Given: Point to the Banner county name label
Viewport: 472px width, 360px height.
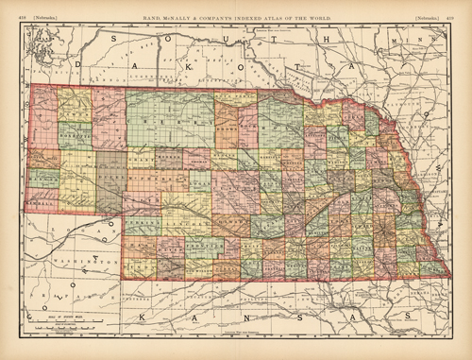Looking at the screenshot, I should click(43, 177).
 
